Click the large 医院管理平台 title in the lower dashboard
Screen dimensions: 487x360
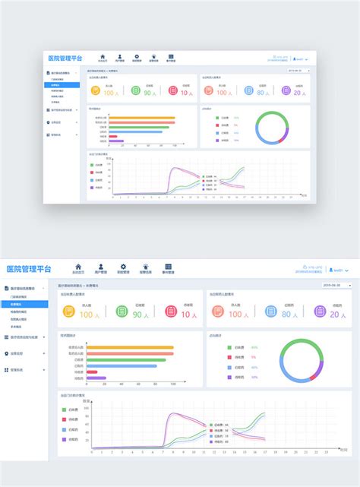(x=29, y=269)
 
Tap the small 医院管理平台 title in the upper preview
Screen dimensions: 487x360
(x=65, y=58)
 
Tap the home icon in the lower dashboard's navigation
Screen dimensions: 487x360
(x=78, y=267)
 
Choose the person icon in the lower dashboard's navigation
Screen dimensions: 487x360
(x=100, y=267)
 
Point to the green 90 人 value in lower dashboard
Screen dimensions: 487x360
(x=140, y=314)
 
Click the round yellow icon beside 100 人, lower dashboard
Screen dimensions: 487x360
(x=69, y=311)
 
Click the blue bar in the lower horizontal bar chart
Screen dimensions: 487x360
(x=122, y=365)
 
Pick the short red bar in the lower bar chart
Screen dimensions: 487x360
(x=97, y=372)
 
